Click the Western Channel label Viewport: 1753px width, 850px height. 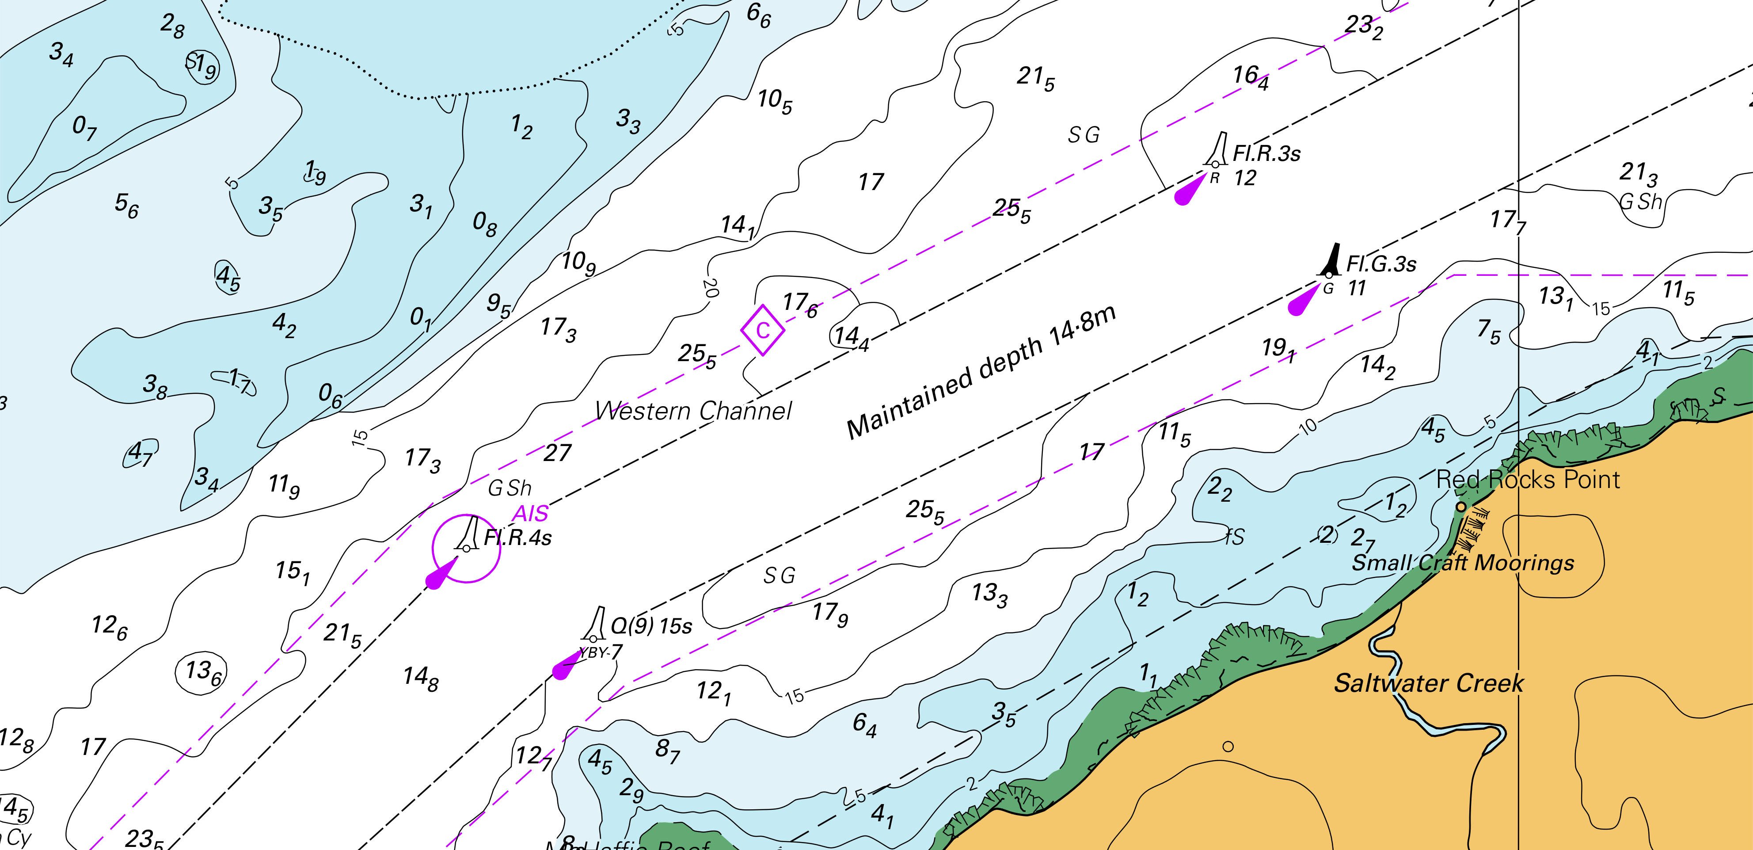point(693,411)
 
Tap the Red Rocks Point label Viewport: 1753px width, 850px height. point(1528,480)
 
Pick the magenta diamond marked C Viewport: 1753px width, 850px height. point(762,330)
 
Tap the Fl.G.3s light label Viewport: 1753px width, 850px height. point(1381,264)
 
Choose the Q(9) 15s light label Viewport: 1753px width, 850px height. point(651,626)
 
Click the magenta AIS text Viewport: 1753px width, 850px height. point(530,513)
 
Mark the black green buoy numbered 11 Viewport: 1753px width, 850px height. point(1331,260)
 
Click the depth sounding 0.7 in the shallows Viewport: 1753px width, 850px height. point(84,127)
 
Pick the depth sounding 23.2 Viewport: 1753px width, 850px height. point(1363,27)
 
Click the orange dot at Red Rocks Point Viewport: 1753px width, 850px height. point(1460,507)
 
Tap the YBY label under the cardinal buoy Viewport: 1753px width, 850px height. point(592,653)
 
